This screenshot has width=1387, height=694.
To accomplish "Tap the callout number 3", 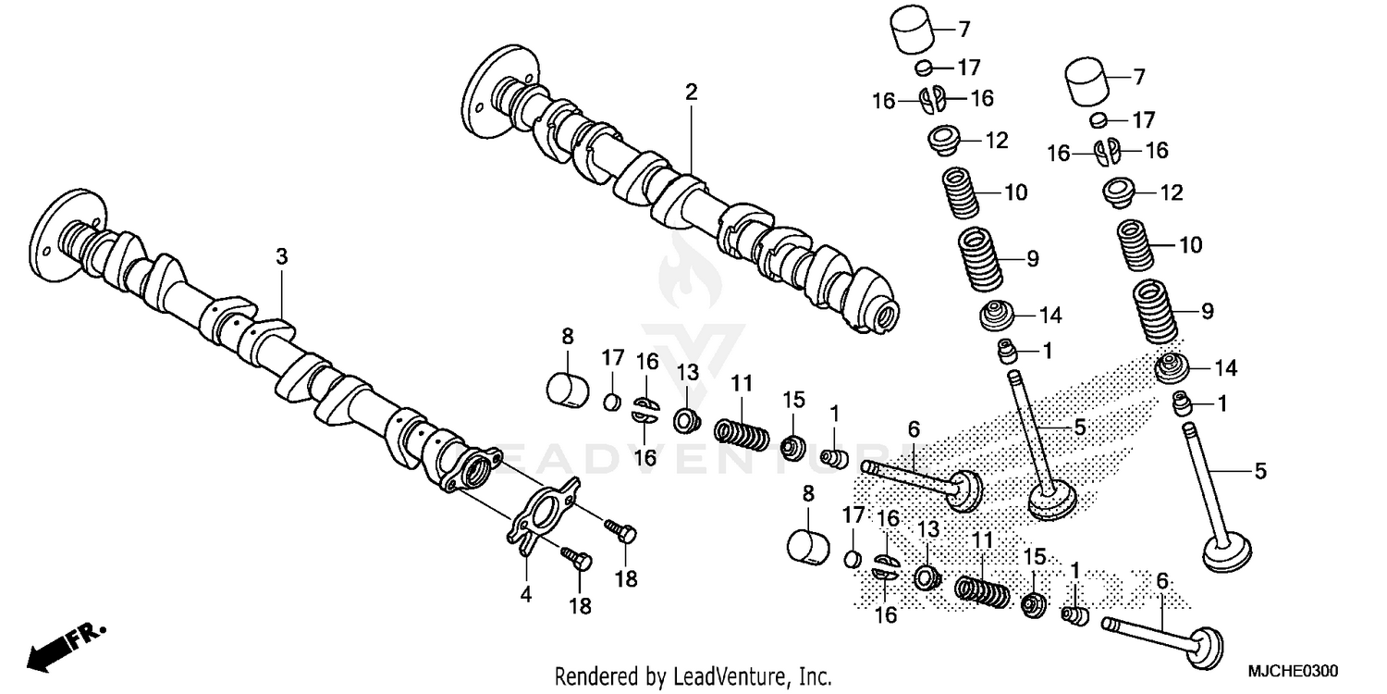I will tap(282, 256).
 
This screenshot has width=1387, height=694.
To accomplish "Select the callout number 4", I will tap(525, 597).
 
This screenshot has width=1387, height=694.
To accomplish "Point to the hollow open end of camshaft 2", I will tap(887, 315).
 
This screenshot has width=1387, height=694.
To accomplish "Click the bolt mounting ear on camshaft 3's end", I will tap(493, 455).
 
